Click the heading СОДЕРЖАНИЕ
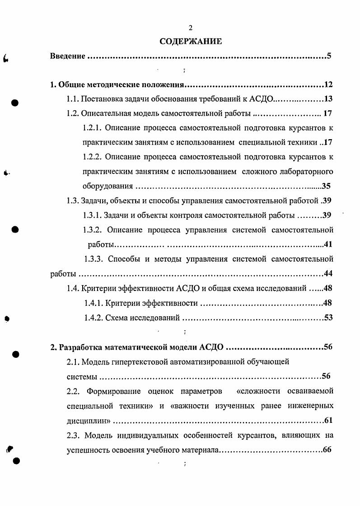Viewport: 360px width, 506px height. click(190, 42)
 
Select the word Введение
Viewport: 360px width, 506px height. click(67, 56)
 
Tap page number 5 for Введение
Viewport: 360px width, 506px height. click(330, 56)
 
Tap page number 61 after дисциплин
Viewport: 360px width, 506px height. click(328, 421)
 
